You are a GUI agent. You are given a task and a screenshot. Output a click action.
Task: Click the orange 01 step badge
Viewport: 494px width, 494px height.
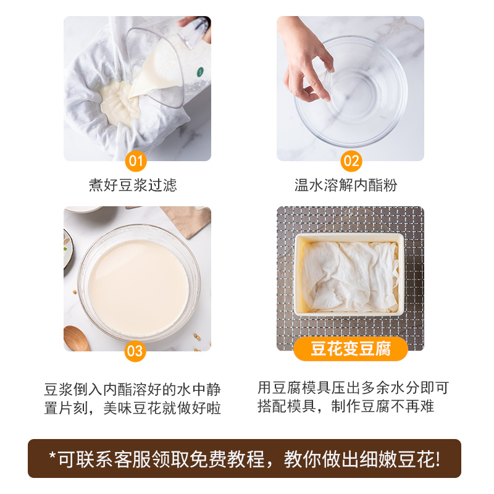coord(136,162)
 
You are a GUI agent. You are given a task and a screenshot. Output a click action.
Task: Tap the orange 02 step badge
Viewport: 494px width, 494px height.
coord(351,162)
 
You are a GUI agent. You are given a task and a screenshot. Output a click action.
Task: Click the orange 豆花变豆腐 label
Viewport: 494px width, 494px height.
coord(350,350)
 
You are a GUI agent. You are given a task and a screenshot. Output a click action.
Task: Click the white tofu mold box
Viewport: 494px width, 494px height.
coord(349,274)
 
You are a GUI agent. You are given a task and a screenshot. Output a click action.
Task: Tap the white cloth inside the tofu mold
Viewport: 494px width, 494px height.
coord(349,275)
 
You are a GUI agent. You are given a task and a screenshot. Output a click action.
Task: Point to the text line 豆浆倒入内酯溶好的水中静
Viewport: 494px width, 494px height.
coord(132,390)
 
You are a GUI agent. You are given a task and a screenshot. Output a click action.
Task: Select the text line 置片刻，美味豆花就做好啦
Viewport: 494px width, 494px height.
coord(132,408)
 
